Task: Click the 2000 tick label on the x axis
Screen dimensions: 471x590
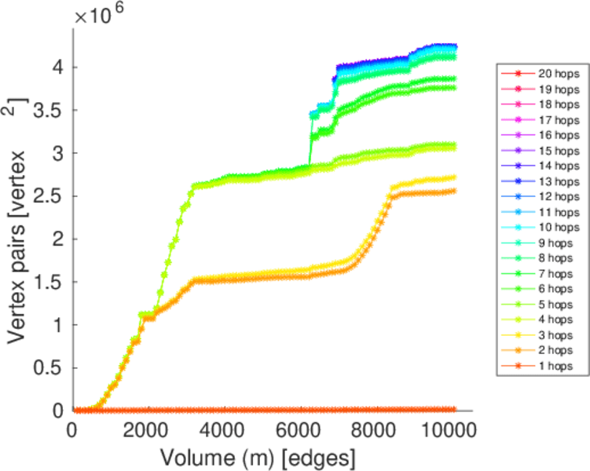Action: point(146,429)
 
